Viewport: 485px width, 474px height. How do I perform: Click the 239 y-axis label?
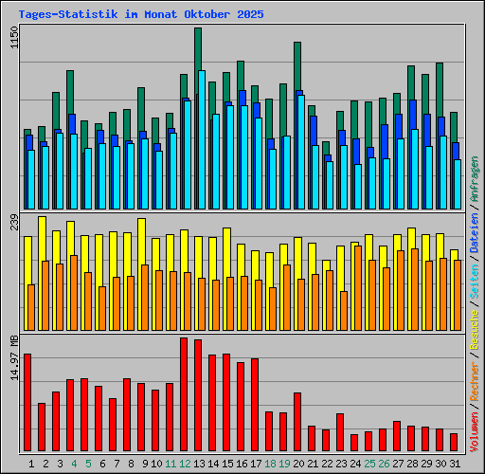click(x=13, y=223)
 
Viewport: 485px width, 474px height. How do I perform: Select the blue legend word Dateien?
click(x=475, y=230)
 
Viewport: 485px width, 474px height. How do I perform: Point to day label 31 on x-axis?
click(x=454, y=464)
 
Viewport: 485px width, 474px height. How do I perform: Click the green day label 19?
click(x=283, y=464)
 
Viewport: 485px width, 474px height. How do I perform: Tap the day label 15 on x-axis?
click(x=226, y=464)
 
